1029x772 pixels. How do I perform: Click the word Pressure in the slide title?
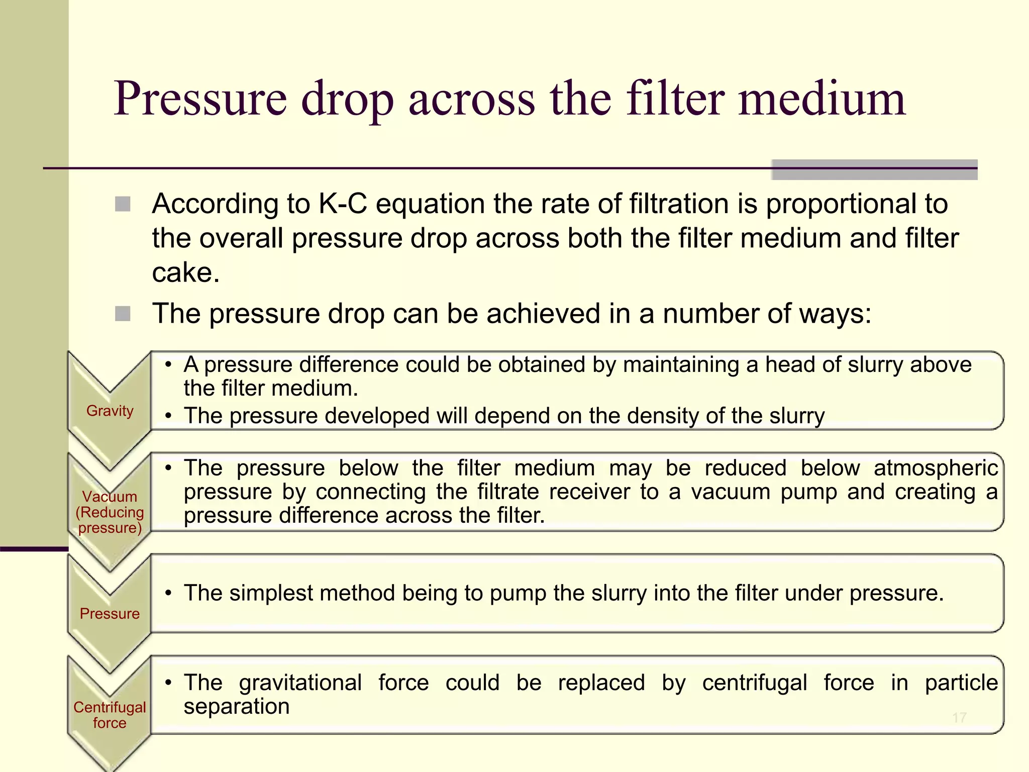click(200, 99)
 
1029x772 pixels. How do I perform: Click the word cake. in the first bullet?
click(185, 273)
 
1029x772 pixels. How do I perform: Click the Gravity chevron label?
click(110, 411)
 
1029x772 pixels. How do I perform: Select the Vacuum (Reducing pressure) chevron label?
click(110, 512)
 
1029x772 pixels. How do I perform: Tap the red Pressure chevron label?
click(110, 613)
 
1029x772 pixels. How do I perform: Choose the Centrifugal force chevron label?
click(110, 715)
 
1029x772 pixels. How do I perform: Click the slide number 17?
click(959, 717)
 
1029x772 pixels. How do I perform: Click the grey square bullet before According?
click(123, 204)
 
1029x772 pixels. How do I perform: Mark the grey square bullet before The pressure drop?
click(123, 314)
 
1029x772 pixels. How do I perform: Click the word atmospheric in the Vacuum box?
click(936, 468)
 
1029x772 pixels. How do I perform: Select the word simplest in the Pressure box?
click(271, 593)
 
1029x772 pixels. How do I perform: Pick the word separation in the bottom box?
click(237, 706)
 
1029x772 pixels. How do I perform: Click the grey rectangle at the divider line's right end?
click(874, 169)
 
